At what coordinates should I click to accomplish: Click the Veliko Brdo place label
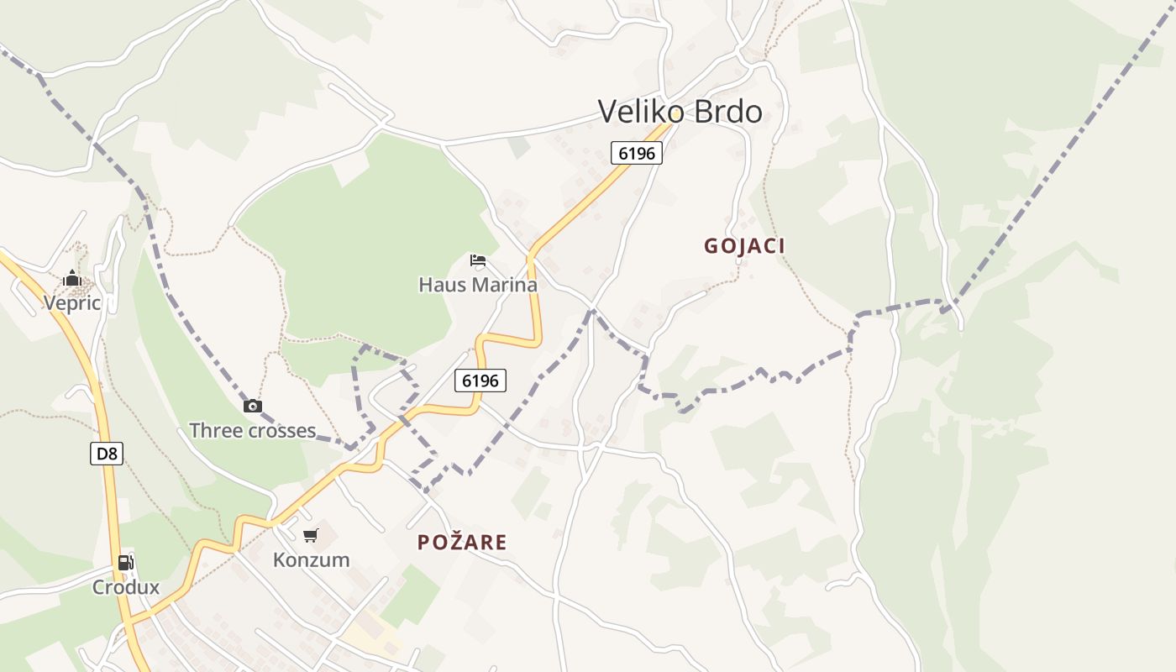[x=680, y=112]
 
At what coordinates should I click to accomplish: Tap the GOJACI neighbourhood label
[x=744, y=246]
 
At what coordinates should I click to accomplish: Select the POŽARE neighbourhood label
[x=462, y=543]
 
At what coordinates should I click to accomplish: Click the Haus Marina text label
[x=478, y=285]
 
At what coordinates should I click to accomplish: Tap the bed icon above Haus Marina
[x=478, y=260]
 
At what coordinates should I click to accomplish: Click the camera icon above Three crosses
[x=252, y=407]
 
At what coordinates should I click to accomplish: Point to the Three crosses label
[x=252, y=431]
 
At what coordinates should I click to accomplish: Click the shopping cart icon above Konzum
[x=311, y=535]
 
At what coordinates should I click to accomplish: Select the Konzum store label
[x=311, y=559]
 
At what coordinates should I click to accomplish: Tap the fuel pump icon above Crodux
[x=125, y=563]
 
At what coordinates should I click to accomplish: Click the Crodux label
[x=125, y=587]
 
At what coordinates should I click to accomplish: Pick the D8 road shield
[x=107, y=454]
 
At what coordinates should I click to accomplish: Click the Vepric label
[x=72, y=303]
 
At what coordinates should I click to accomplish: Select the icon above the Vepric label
[x=72, y=278]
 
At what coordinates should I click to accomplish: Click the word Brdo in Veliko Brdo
[x=723, y=112]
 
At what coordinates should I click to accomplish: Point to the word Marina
[x=505, y=285]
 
